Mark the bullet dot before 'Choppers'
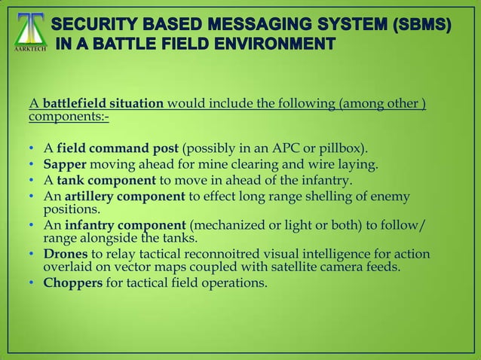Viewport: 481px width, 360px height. (32, 285)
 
